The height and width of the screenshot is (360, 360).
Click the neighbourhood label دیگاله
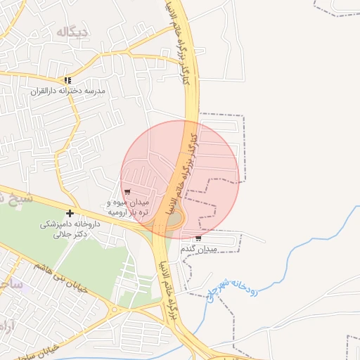coord(72,32)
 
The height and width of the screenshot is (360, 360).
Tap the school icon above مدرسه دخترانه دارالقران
coord(67,81)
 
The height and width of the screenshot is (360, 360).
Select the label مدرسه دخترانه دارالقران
coord(67,91)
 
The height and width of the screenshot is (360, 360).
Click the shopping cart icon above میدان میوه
coord(127,192)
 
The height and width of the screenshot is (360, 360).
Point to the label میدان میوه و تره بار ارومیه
coord(127,207)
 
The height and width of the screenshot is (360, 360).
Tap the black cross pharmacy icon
coord(70,213)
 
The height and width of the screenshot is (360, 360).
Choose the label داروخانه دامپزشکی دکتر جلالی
coord(70,229)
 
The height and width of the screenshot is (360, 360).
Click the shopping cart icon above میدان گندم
coord(198,238)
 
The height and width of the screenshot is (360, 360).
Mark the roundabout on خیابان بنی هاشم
coord(114,309)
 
